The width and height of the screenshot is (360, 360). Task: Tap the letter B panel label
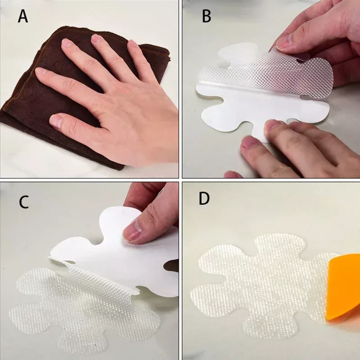207,17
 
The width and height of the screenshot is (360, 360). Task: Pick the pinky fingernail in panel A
132,44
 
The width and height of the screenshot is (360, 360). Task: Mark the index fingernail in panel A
40,71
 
